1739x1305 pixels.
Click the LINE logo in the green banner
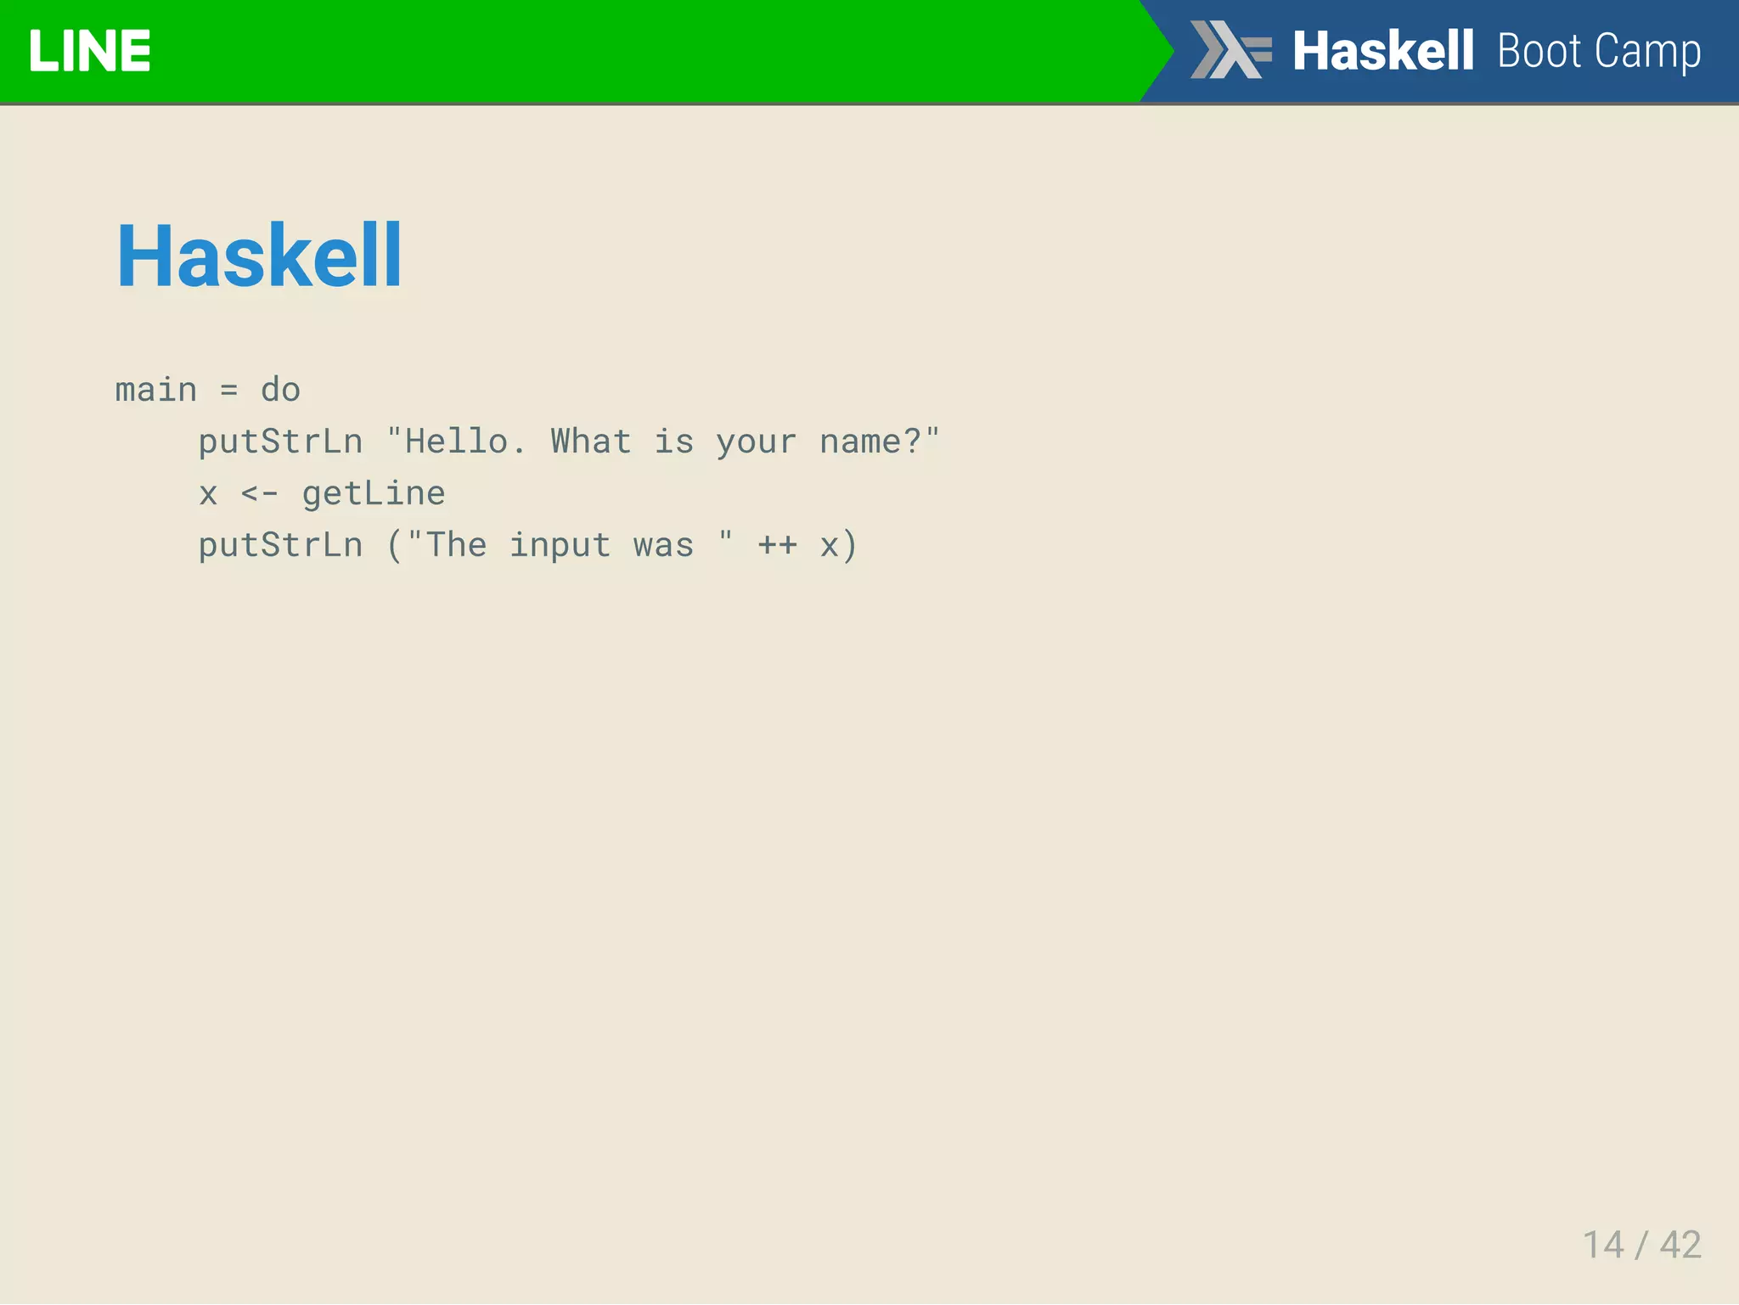[x=89, y=51]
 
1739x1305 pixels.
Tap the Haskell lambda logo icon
[x=1230, y=49]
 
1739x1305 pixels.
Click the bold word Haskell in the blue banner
[x=1382, y=51]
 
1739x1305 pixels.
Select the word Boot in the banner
[x=1539, y=51]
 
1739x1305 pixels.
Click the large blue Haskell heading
[x=259, y=256]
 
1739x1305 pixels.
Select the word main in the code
[x=156, y=390]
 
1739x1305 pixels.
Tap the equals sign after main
[x=228, y=391]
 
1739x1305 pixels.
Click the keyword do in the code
[x=280, y=390]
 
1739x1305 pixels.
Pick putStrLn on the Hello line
[x=280, y=442]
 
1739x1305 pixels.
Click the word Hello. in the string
[x=464, y=442]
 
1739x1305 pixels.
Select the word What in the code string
[x=591, y=442]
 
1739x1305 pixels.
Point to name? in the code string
[x=870, y=442]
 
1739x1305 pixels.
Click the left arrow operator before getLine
[x=259, y=493]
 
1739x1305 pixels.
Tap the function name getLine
[x=374, y=493]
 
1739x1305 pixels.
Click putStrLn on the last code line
[x=280, y=545]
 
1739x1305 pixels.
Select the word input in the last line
[x=560, y=545]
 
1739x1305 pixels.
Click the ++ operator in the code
[x=778, y=545]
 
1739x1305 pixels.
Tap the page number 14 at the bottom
[x=1603, y=1245]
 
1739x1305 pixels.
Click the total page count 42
[x=1680, y=1245]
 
